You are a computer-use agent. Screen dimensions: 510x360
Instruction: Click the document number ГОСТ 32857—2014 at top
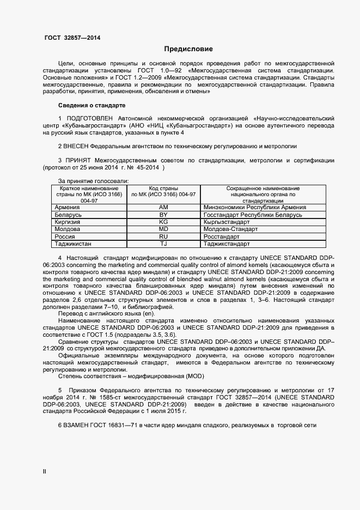[72, 38]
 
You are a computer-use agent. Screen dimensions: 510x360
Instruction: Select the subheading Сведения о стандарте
[91, 105]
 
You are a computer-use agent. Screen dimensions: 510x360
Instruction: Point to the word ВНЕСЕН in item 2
[76, 147]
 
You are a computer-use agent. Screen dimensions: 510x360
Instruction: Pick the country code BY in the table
[163, 215]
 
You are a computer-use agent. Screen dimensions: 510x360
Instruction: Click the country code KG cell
[163, 222]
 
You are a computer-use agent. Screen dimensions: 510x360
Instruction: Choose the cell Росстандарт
[222, 237]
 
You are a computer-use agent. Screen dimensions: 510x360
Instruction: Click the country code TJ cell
[163, 244]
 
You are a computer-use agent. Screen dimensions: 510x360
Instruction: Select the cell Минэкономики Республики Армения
[254, 208]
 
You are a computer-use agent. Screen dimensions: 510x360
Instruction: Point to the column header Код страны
[163, 188]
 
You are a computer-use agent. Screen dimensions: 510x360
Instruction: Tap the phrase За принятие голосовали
[93, 180]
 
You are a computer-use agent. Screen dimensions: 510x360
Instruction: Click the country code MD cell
[163, 229]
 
